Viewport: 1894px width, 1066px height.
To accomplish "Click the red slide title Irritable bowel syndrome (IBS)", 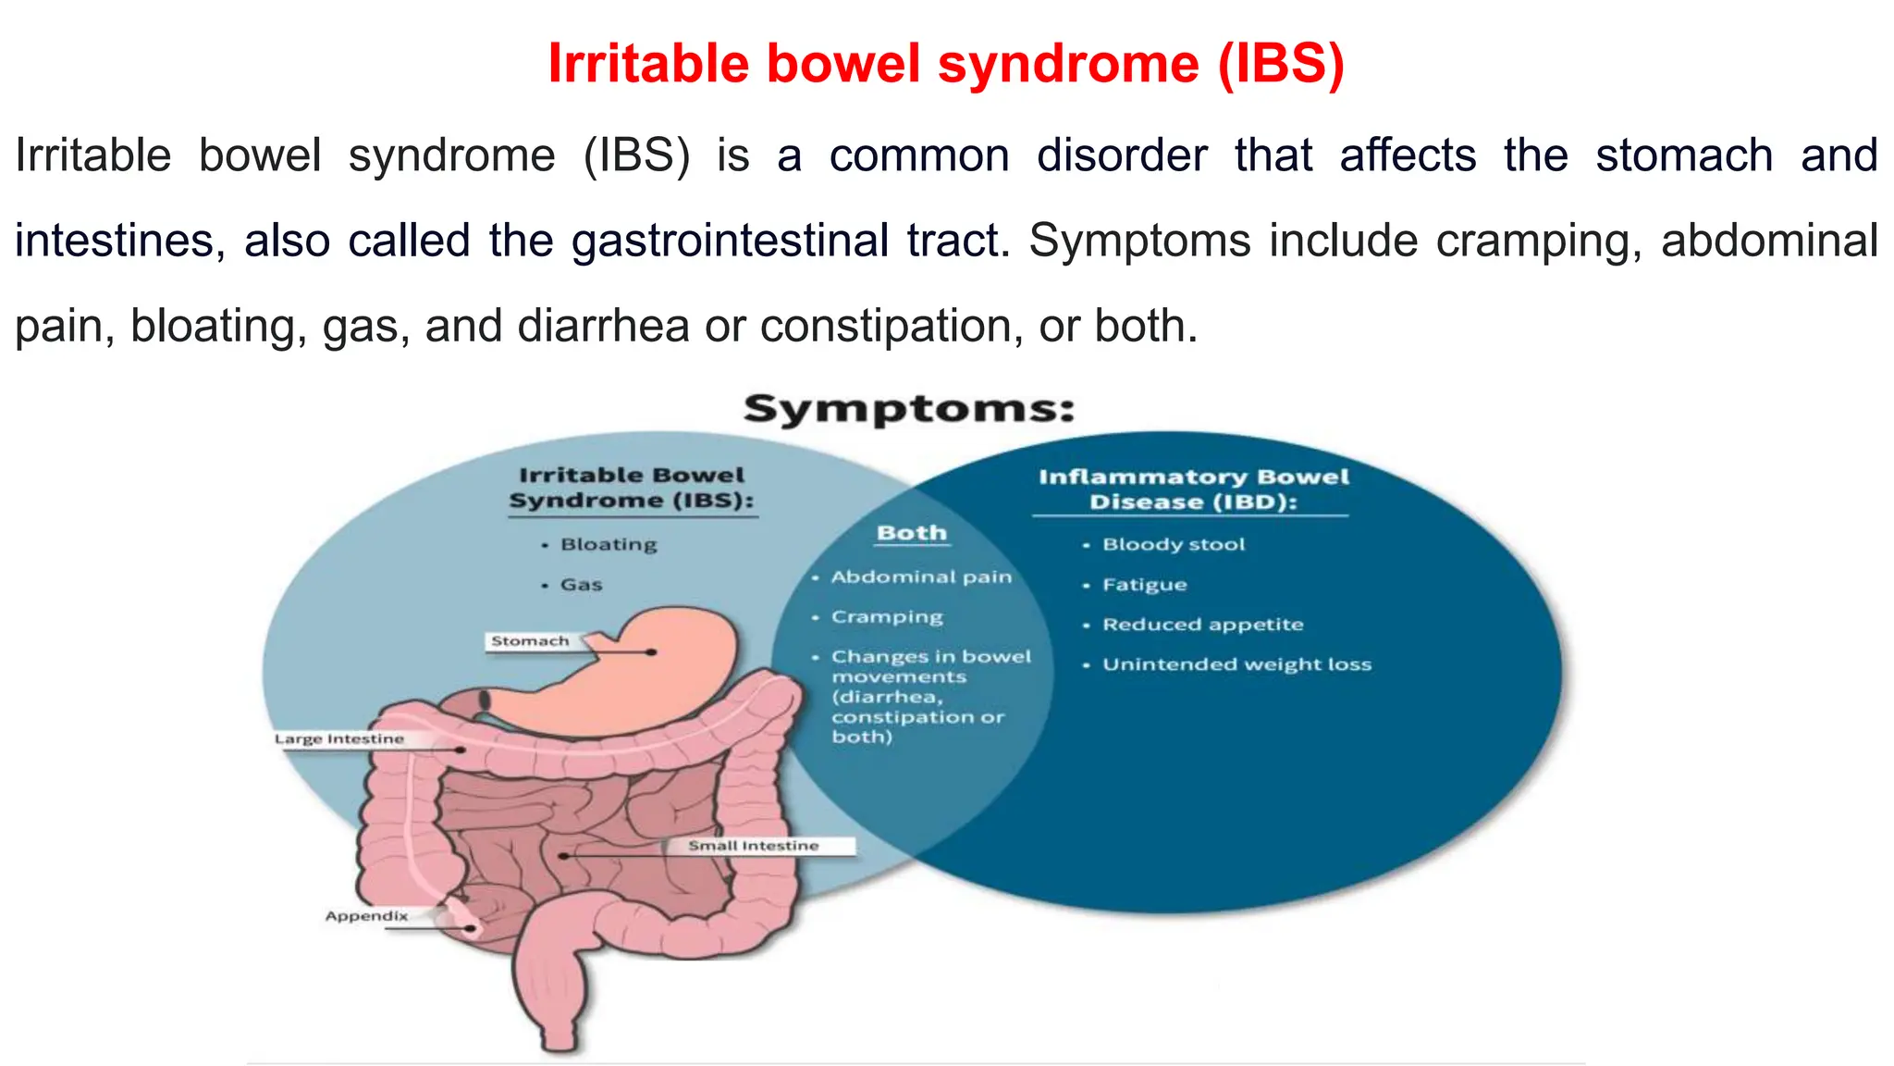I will [x=945, y=65].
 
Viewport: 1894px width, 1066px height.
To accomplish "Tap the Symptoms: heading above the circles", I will [x=909, y=409].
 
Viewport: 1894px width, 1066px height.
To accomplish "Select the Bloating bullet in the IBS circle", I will [x=608, y=544].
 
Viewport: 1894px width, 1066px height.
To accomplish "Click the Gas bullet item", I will [x=581, y=585].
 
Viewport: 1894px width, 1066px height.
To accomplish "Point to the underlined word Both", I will [x=912, y=533].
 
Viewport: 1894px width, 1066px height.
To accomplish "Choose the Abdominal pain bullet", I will [x=920, y=576].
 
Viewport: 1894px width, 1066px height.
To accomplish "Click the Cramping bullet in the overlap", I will [x=886, y=617].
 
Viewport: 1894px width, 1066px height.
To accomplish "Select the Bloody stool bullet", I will [x=1173, y=544].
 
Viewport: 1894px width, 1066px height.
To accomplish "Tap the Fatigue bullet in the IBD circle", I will [x=1144, y=585].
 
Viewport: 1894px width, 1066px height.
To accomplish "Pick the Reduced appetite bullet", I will [x=1202, y=625].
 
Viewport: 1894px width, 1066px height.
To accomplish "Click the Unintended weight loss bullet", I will [x=1236, y=664].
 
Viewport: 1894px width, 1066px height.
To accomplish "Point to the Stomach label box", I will [x=531, y=641].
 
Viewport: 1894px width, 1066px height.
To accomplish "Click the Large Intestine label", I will [x=339, y=738].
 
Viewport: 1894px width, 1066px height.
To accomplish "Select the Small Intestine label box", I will [x=754, y=846].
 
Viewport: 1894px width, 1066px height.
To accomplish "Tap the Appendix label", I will [x=367, y=916].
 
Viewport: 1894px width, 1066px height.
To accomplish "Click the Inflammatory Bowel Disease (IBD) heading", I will [x=1193, y=490].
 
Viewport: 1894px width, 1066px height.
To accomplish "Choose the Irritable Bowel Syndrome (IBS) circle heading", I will [x=632, y=488].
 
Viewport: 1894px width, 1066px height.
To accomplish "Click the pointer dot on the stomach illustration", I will [x=652, y=652].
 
